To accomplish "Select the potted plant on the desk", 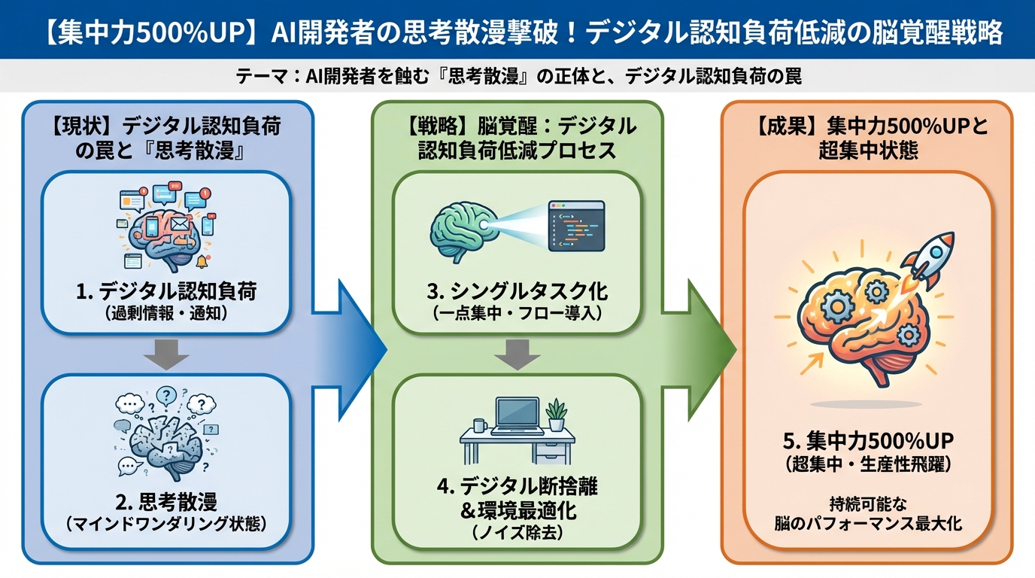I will tap(557, 415).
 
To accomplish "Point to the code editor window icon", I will tap(576, 225).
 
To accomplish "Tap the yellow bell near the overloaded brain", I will tap(202, 262).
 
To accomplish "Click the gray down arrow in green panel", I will tap(517, 354).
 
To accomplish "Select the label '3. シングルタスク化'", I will tap(518, 291).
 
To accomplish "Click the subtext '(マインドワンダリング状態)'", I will tap(166, 523).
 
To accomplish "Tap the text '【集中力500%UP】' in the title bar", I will tap(144, 34).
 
